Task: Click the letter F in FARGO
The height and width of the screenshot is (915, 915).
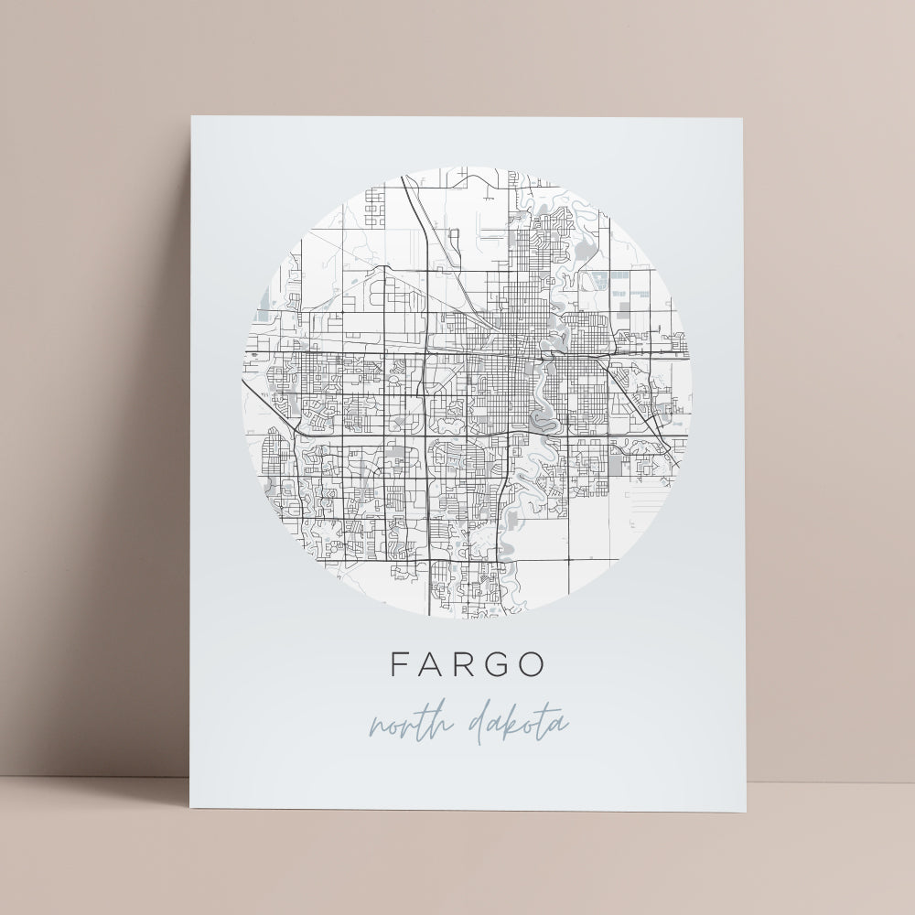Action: click(400, 665)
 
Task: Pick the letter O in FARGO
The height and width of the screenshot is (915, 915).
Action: click(530, 665)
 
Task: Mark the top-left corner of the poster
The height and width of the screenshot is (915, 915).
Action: click(191, 116)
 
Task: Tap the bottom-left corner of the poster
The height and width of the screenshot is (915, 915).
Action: click(188, 811)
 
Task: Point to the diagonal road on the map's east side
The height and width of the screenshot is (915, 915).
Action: click(640, 403)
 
